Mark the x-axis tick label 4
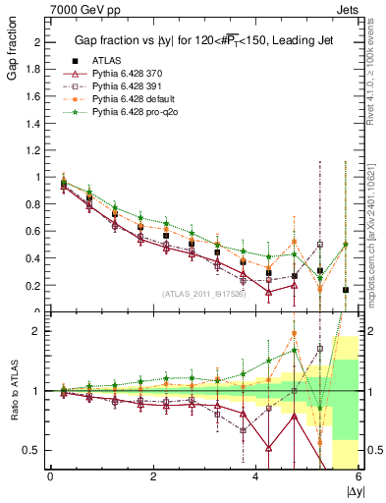point(256,476)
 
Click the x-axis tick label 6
point(358,476)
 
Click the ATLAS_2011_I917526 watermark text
point(204,294)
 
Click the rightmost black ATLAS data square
point(346,290)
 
